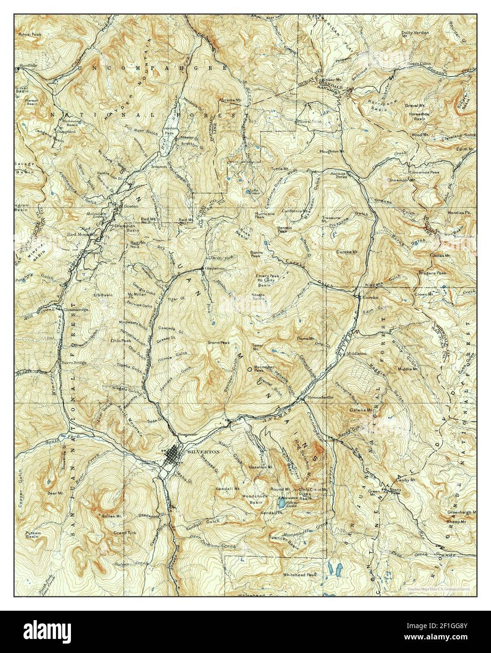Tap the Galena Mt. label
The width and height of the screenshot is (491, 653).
[x=360, y=410]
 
